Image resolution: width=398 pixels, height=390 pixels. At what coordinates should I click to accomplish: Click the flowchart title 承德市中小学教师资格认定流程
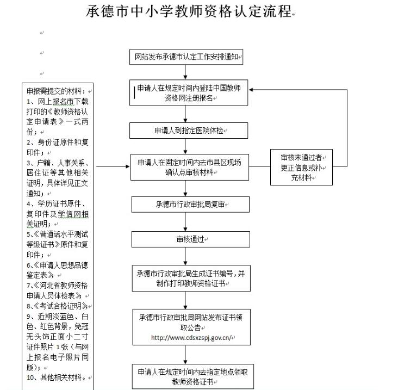(x=190, y=11)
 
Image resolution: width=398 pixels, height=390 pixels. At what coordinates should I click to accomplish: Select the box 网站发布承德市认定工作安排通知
(x=186, y=57)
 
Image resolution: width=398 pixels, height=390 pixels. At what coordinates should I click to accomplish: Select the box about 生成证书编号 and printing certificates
(x=191, y=278)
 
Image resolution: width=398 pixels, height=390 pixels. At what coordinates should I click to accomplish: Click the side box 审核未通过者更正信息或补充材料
(x=303, y=166)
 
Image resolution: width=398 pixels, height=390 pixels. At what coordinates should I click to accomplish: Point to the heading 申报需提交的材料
(x=57, y=91)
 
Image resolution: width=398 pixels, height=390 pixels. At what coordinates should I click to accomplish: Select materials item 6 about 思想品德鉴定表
(x=58, y=270)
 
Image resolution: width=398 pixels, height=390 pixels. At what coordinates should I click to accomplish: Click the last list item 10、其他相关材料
(x=57, y=377)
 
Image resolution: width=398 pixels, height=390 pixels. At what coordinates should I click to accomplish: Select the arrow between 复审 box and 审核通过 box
(x=186, y=221)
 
